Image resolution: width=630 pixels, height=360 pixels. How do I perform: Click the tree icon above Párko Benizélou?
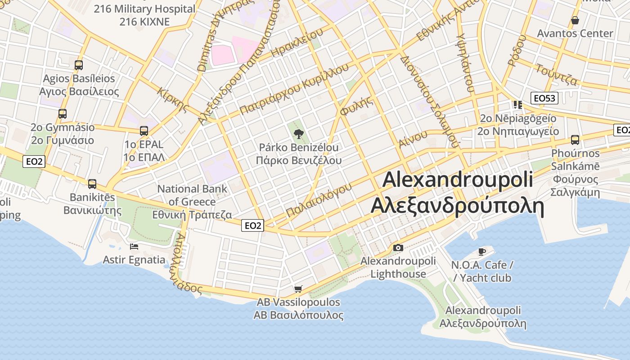[x=297, y=133]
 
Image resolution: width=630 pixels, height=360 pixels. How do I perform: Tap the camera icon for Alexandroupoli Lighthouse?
[x=398, y=247]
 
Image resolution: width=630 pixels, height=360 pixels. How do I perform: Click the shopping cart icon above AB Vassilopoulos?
[x=298, y=289]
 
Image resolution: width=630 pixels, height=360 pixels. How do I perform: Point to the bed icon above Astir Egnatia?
[x=134, y=246]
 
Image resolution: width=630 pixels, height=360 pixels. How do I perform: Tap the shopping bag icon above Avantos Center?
[x=575, y=20]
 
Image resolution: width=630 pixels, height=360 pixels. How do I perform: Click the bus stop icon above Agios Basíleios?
[x=79, y=65]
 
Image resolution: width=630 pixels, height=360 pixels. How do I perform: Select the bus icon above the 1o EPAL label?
[x=144, y=131]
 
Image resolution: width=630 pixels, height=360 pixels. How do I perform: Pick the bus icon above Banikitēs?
[x=92, y=184]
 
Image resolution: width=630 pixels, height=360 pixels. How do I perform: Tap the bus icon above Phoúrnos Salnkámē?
[x=575, y=140]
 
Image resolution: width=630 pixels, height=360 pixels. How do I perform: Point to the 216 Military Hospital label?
[x=144, y=9]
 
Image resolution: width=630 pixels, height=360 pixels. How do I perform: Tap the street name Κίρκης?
[x=173, y=99]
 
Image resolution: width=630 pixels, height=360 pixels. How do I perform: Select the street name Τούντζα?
[x=556, y=74]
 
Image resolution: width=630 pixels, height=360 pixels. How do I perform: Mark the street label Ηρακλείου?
[x=297, y=44]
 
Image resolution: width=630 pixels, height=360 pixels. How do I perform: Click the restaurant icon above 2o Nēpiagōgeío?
[x=517, y=105]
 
